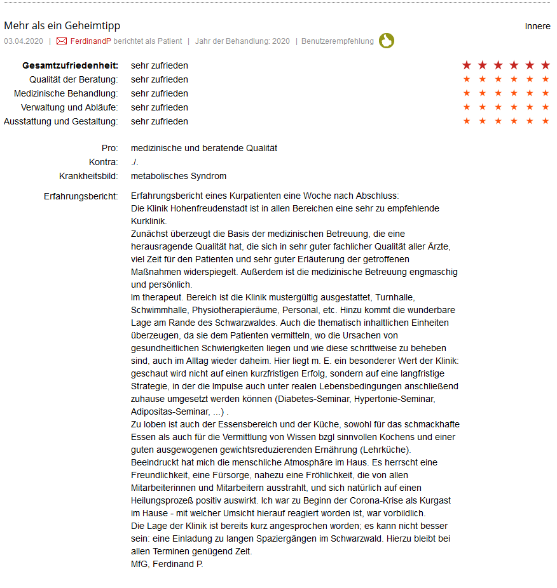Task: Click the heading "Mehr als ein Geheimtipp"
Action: pos(62,26)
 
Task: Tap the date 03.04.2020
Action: pos(24,41)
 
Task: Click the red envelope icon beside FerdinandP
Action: pos(62,41)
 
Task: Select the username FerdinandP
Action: pos(90,41)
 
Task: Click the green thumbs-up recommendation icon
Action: pos(387,41)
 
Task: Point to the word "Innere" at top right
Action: pos(537,26)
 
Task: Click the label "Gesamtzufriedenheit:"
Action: pos(70,65)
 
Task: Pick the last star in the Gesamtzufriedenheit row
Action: pos(545,65)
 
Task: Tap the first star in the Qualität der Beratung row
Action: pos(467,79)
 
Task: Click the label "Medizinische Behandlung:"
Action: pos(66,93)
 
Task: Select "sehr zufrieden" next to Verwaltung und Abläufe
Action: pos(160,107)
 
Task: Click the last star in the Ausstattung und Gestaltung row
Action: pos(545,121)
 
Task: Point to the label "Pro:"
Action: pos(109,148)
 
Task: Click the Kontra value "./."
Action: pos(135,162)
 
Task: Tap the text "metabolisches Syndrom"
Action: pos(179,176)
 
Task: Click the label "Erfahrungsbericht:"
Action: pos(81,196)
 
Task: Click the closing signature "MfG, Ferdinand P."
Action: pos(167,564)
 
